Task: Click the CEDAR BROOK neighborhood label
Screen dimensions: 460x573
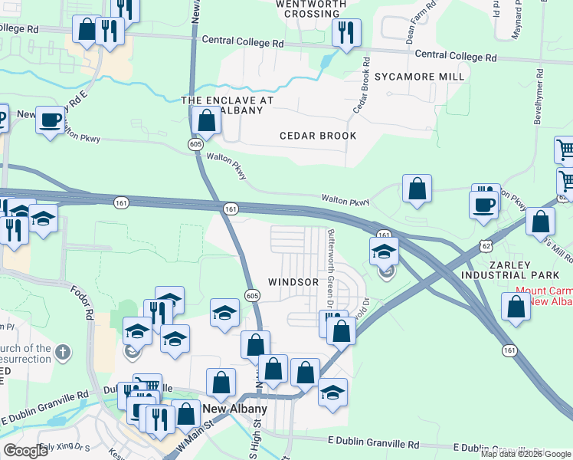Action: click(x=318, y=136)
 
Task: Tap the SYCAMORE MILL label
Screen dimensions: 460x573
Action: click(x=419, y=77)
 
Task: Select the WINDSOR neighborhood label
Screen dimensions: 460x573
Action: click(x=293, y=282)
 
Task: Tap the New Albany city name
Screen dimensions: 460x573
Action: click(x=234, y=409)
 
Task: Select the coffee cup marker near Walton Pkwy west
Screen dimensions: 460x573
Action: click(x=51, y=120)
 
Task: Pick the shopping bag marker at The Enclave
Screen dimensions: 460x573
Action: click(x=206, y=120)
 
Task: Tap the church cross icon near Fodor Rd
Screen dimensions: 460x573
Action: click(x=63, y=353)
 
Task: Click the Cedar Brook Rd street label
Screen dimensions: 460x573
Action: click(x=362, y=87)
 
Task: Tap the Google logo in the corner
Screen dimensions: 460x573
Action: click(x=25, y=451)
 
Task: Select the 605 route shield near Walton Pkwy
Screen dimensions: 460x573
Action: click(x=196, y=144)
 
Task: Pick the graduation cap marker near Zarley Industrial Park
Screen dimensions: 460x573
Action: click(x=385, y=251)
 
